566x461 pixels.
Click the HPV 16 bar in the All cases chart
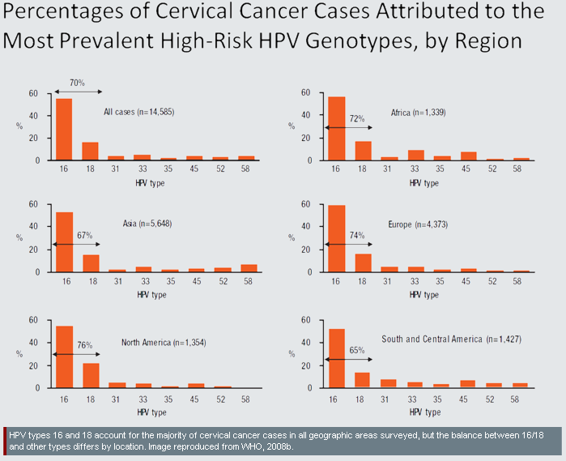pos(63,130)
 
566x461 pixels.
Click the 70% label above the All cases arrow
pos(76,83)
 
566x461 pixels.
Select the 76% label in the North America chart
pos(83,344)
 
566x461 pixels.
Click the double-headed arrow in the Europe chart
pos(347,243)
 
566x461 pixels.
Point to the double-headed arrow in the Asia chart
pos(77,243)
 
